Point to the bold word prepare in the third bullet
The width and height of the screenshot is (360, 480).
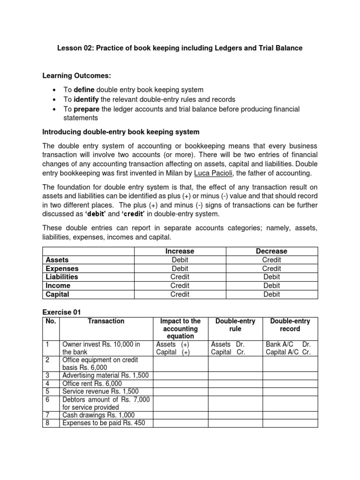click(87, 109)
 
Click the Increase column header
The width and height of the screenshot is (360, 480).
click(180, 251)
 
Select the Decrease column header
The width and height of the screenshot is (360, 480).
click(272, 251)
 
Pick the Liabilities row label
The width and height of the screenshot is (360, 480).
click(62, 277)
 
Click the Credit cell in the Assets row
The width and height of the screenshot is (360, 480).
click(272, 260)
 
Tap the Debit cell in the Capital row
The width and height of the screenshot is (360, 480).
click(272, 294)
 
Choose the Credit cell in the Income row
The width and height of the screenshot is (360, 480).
click(180, 285)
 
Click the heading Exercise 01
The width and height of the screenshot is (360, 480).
click(62, 312)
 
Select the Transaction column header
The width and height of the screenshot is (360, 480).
click(106, 321)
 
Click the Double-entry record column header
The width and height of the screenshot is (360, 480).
click(290, 325)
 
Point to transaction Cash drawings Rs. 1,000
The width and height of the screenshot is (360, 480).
click(98, 415)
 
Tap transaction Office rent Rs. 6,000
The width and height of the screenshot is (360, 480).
click(92, 383)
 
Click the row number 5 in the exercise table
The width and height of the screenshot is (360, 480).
click(47, 391)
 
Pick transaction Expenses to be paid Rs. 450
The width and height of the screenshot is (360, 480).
click(104, 423)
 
